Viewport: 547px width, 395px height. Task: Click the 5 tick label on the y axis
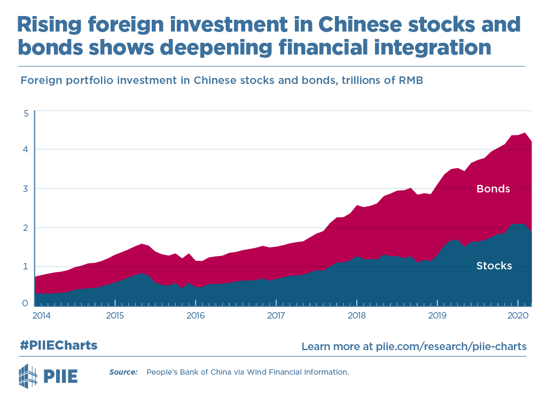click(26, 113)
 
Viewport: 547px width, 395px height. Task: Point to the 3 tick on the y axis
click(26, 188)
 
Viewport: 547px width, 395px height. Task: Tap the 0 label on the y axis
click(26, 303)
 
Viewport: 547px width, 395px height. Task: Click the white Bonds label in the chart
click(493, 189)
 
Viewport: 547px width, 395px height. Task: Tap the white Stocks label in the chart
click(494, 266)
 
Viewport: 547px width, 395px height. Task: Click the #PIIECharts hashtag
click(59, 345)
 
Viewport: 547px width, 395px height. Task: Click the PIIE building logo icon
click(28, 375)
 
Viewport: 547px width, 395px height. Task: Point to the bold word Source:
click(123, 371)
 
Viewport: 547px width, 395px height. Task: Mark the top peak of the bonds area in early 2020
click(525, 133)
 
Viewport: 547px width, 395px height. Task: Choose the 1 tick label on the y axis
click(26, 266)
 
